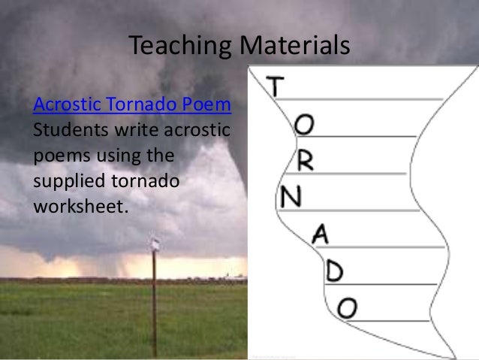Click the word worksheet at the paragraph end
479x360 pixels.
76,201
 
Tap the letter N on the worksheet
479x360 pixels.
291,198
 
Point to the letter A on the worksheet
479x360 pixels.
321,234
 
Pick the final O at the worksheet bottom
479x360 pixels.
347,306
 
